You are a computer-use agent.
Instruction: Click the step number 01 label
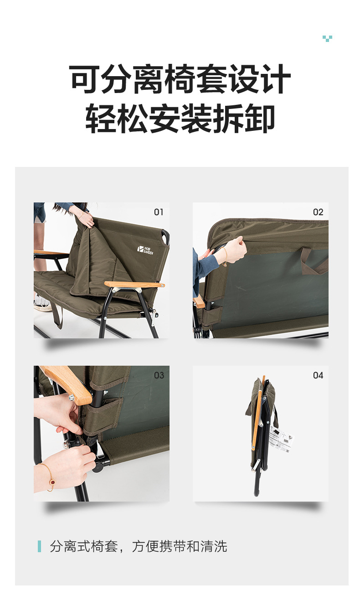(x=159, y=212)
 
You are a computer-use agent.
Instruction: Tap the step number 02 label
(x=318, y=212)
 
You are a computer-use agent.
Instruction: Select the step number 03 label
(x=159, y=375)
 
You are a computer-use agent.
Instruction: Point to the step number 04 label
(x=318, y=375)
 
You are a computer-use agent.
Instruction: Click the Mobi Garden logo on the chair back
(x=145, y=250)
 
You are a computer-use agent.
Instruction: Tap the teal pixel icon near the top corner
(x=327, y=38)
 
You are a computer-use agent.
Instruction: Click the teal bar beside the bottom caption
(x=40, y=546)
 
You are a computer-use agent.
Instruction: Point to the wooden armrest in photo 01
(x=134, y=284)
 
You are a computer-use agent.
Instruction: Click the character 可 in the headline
(x=84, y=79)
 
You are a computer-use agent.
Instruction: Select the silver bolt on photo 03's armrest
(x=72, y=397)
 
